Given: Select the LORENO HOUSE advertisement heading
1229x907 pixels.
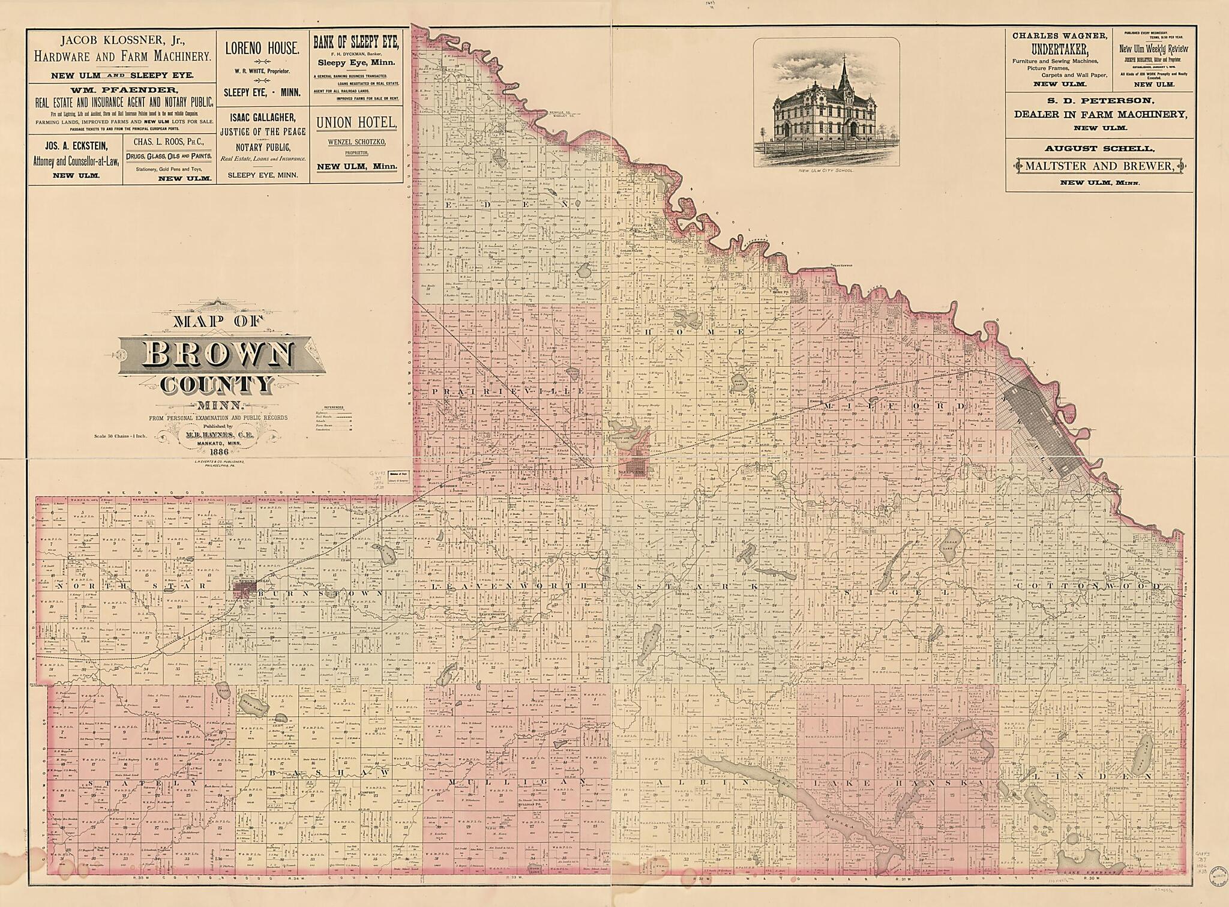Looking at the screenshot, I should [x=262, y=49].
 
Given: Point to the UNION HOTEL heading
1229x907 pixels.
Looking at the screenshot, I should [x=356, y=122].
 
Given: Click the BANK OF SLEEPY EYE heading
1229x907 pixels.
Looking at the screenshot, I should [x=356, y=42].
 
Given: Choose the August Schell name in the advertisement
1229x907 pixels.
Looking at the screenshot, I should [x=1095, y=148].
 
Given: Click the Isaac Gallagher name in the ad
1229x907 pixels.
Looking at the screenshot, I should [x=262, y=117].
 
